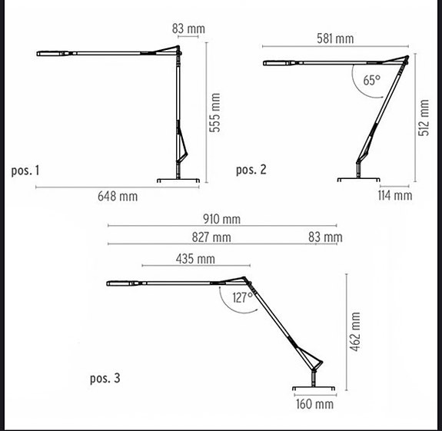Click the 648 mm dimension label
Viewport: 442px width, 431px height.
pos(118,197)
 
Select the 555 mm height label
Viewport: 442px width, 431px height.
pos(216,112)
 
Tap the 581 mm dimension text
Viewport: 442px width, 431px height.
pos(334,38)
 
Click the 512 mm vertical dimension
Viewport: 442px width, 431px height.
pos(424,118)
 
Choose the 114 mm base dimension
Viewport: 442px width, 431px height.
pos(396,195)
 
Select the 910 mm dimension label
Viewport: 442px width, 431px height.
pos(221,219)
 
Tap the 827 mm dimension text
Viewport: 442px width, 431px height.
pos(211,238)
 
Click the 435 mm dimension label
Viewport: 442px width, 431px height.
pos(195,259)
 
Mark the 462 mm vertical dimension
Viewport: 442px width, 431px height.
pos(355,332)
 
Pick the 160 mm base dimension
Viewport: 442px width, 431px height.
pos(314,403)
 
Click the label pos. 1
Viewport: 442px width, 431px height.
pos(25,170)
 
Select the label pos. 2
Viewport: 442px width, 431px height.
pos(251,170)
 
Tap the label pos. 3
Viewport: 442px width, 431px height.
pos(105,378)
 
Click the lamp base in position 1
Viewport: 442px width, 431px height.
pos(179,180)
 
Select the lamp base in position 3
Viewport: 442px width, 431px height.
pos(313,388)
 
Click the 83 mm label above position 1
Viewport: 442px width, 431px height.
pos(188,29)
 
